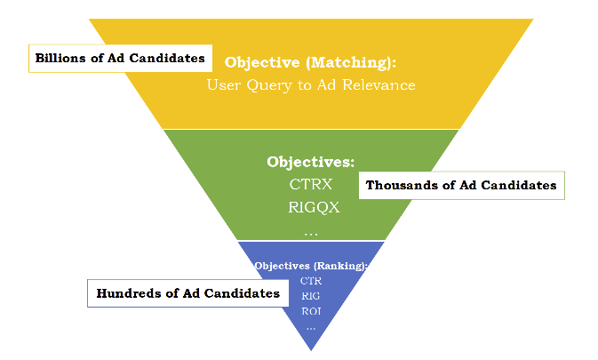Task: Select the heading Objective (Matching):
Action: click(x=310, y=63)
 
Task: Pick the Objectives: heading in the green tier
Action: click(x=310, y=163)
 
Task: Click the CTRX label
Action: click(x=310, y=185)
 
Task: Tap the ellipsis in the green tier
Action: click(x=310, y=233)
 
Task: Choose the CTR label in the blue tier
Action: click(x=310, y=281)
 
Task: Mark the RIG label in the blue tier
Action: click(x=310, y=296)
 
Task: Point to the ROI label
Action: click(x=310, y=311)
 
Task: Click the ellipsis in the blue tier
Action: click(x=310, y=328)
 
